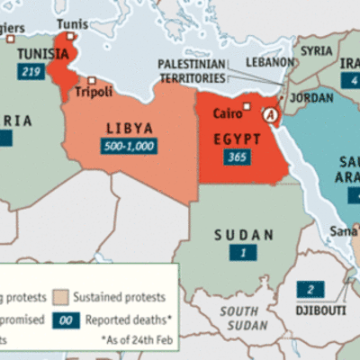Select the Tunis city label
click(67, 24)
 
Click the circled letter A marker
click(269, 115)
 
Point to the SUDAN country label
click(243, 236)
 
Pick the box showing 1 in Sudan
click(243, 253)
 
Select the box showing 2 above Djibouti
click(310, 289)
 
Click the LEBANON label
click(272, 62)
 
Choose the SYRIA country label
click(316, 51)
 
